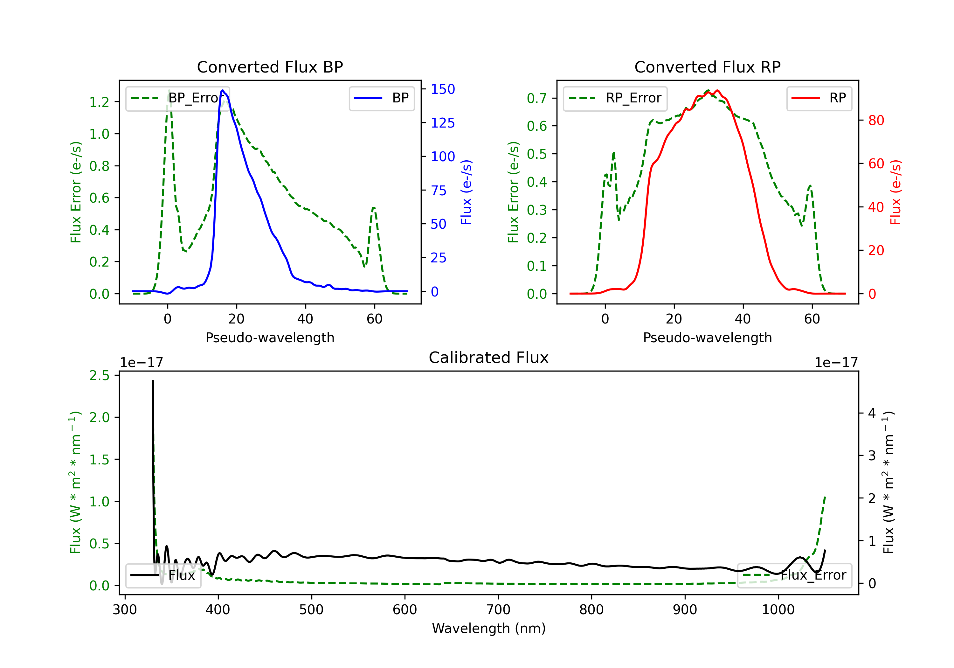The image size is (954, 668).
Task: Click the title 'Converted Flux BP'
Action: tap(270, 67)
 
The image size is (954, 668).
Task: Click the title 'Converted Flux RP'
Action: tap(707, 67)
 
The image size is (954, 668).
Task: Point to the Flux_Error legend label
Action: tap(813, 575)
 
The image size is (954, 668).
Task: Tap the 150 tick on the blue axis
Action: tap(443, 89)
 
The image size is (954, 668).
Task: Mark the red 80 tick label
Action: tap(876, 121)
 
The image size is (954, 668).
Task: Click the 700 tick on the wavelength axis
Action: tap(498, 610)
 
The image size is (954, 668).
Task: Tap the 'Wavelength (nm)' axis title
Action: tap(489, 628)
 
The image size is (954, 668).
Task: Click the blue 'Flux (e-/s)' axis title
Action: tap(466, 192)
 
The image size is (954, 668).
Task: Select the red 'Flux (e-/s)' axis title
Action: tap(895, 192)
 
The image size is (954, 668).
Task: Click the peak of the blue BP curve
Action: tap(223, 90)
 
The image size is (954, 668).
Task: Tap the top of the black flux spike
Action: tap(153, 381)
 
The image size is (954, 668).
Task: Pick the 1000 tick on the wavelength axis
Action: tap(778, 610)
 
